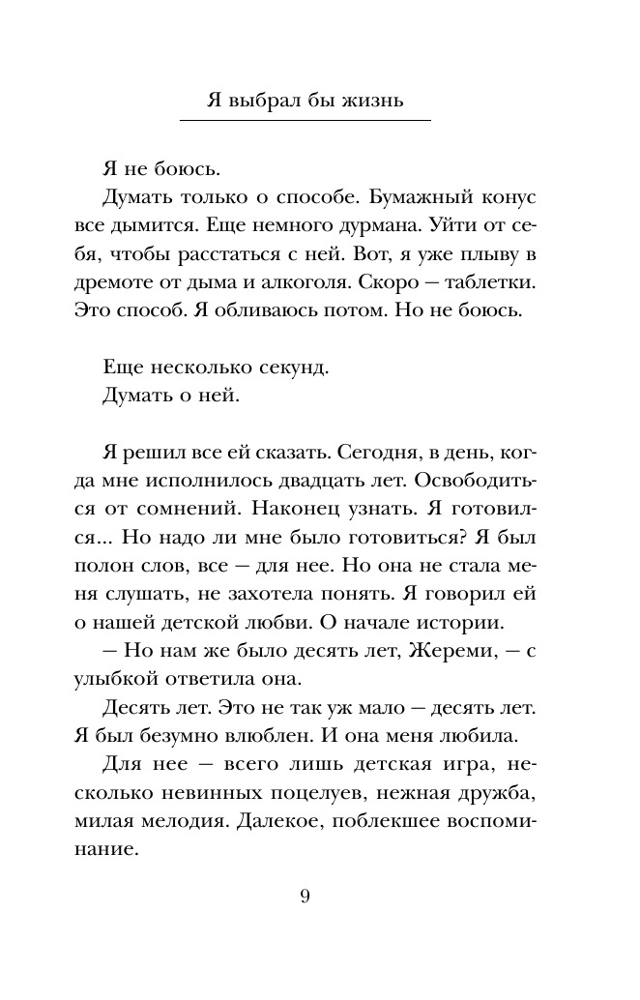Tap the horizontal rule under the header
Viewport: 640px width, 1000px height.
[319, 121]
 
